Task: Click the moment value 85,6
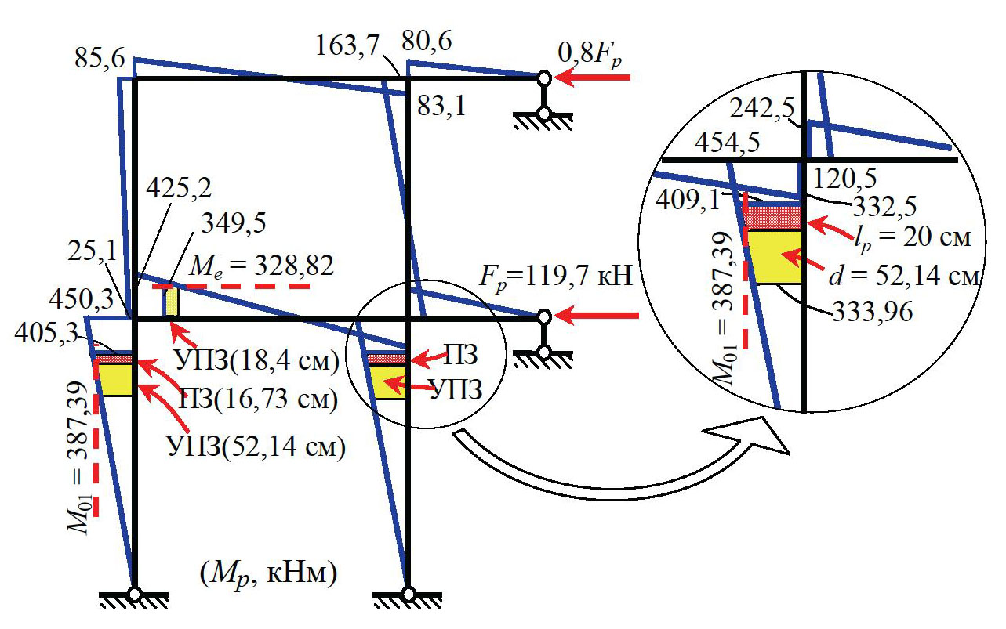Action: tap(100, 58)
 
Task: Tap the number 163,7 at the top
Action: tap(347, 45)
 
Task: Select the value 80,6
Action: tap(427, 42)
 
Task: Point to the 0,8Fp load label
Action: tap(590, 55)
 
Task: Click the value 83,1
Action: tap(442, 107)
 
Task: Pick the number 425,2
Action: tap(179, 188)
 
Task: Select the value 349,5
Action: tap(234, 223)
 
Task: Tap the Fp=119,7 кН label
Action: tap(557, 277)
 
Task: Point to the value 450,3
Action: tap(82, 299)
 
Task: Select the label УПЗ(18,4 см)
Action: tap(257, 360)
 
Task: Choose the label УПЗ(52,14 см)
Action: tap(256, 446)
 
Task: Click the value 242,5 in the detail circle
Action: tap(761, 109)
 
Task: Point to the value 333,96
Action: tap(873, 311)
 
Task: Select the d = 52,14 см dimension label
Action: tap(903, 276)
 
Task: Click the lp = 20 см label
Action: tap(913, 238)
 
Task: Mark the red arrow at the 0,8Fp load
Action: tap(592, 78)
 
